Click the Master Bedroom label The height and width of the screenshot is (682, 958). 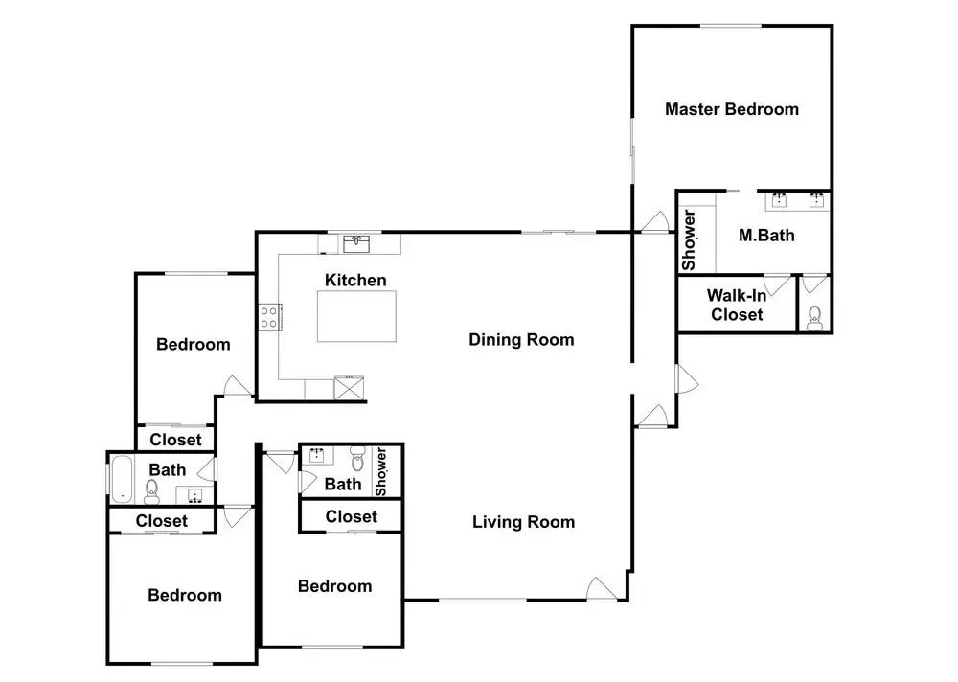(731, 109)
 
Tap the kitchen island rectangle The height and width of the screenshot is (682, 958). (356, 316)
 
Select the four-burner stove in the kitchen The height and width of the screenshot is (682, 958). (269, 317)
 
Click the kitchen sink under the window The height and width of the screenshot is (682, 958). (356, 244)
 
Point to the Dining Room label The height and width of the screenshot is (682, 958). (521, 340)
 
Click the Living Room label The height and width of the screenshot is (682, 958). (524, 522)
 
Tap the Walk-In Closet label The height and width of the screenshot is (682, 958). (737, 305)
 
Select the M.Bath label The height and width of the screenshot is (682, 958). (766, 236)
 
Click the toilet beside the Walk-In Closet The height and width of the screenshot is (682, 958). (814, 318)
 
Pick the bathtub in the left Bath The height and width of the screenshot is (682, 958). (121, 479)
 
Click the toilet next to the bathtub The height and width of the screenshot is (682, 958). (151, 490)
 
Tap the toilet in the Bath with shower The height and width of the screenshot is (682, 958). (357, 458)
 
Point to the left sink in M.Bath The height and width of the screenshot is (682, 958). (779, 200)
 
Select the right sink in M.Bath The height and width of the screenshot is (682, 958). (817, 200)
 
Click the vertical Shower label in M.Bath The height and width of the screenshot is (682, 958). (689, 240)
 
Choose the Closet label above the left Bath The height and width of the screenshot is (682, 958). (175, 440)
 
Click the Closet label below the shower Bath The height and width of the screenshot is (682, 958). (352, 517)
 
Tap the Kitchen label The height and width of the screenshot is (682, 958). (355, 281)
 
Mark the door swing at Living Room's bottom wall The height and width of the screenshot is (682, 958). (602, 589)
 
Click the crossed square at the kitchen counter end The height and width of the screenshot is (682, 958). (349, 388)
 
